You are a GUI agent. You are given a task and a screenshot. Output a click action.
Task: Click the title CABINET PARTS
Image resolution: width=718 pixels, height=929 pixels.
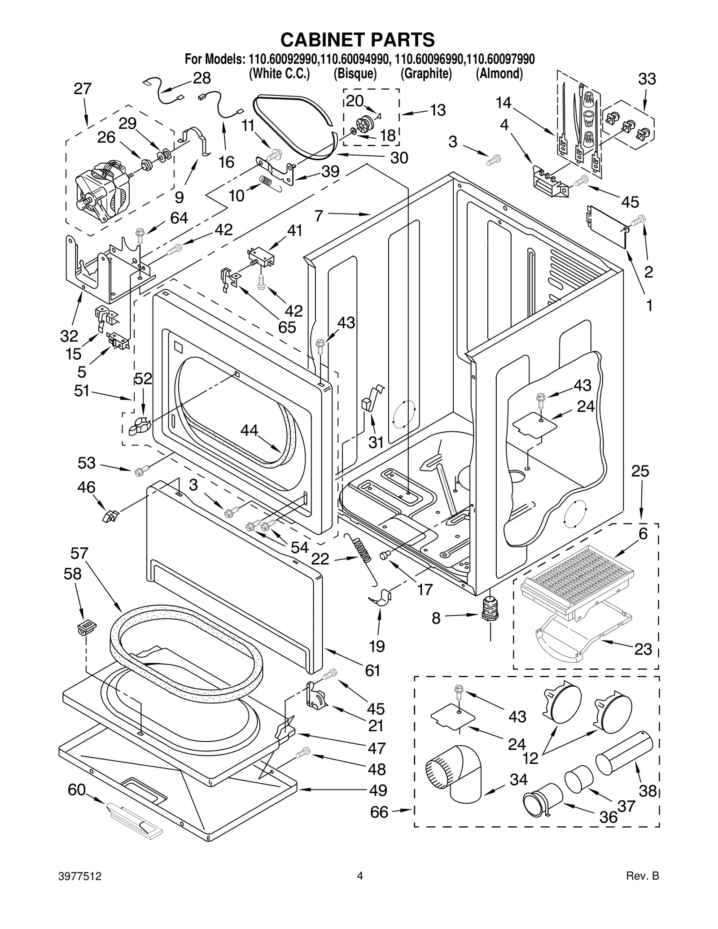point(358,39)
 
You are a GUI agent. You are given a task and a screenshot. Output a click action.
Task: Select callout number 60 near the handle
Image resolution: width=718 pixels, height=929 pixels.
point(76,789)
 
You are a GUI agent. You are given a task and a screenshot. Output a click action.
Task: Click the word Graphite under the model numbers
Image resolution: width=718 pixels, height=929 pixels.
point(426,74)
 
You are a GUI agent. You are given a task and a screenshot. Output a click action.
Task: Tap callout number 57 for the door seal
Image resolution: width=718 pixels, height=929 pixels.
point(79,553)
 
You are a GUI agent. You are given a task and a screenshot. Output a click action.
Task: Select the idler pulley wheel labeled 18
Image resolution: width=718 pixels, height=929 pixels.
point(367,125)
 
